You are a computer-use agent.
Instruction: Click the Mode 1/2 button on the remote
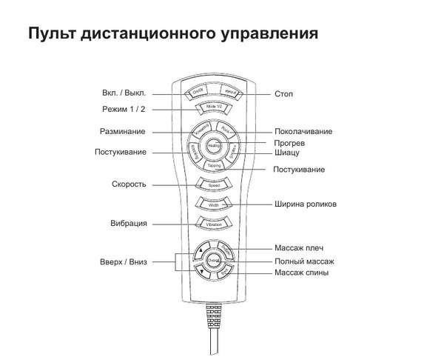(x=213, y=109)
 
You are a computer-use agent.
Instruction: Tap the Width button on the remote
(x=213, y=203)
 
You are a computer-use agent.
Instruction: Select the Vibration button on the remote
(x=213, y=223)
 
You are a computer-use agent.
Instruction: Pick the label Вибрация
(x=130, y=223)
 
